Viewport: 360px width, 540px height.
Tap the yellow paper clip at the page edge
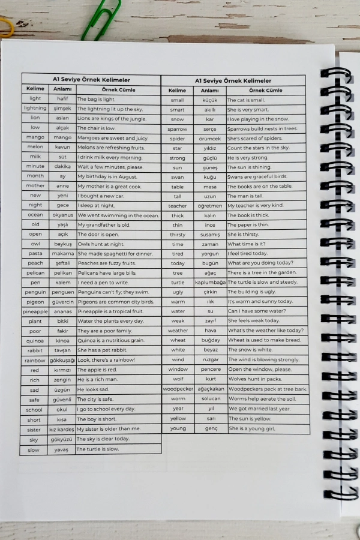(6, 27)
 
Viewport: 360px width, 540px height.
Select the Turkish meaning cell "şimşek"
(62, 109)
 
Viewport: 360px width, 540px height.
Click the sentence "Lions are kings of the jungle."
(112, 118)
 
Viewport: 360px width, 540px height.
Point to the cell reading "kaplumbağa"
(210, 282)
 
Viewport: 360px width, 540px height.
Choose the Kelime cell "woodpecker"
(178, 389)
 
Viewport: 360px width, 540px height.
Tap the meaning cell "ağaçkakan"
(210, 389)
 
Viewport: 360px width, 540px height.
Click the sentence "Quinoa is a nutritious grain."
(110, 340)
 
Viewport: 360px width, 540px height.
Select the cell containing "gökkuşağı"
(62, 360)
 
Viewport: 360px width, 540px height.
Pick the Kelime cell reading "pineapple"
(35, 311)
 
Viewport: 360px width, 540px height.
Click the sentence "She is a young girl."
(252, 428)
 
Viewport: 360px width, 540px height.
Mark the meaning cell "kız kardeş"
(62, 429)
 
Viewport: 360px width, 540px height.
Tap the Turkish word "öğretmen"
(210, 205)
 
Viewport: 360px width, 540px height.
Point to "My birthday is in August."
(107, 176)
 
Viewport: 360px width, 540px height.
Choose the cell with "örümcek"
(210, 138)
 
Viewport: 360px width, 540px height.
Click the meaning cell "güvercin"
(62, 302)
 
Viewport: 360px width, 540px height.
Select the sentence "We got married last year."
(259, 409)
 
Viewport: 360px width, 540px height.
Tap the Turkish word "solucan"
(210, 398)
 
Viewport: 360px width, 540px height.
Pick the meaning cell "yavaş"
(62, 449)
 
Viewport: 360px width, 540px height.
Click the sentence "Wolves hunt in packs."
(254, 379)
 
